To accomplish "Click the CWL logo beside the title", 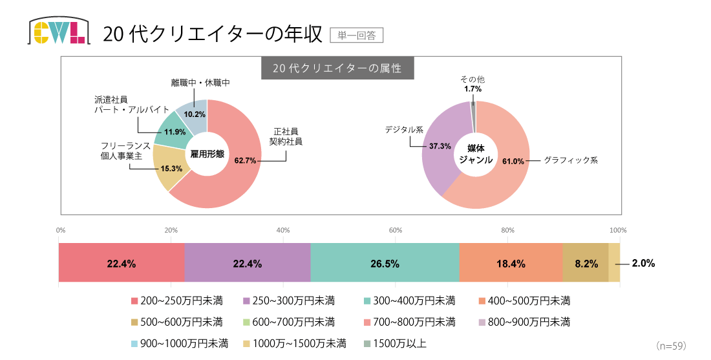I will click(x=58, y=31).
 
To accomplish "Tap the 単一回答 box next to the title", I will click(x=356, y=35).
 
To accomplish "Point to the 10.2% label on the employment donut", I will click(x=195, y=114).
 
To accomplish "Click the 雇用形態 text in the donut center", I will click(x=207, y=154).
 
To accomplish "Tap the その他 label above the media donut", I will click(x=472, y=79).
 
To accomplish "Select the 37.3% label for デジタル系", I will click(x=440, y=146).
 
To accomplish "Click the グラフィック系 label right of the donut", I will click(x=571, y=160).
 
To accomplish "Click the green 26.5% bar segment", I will click(x=385, y=263).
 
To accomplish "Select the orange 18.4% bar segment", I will click(x=511, y=263).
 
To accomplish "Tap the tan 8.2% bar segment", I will click(x=586, y=263).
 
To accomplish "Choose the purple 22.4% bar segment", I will click(x=248, y=263).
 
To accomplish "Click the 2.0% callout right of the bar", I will click(x=644, y=263).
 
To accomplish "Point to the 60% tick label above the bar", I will click(x=396, y=230).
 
